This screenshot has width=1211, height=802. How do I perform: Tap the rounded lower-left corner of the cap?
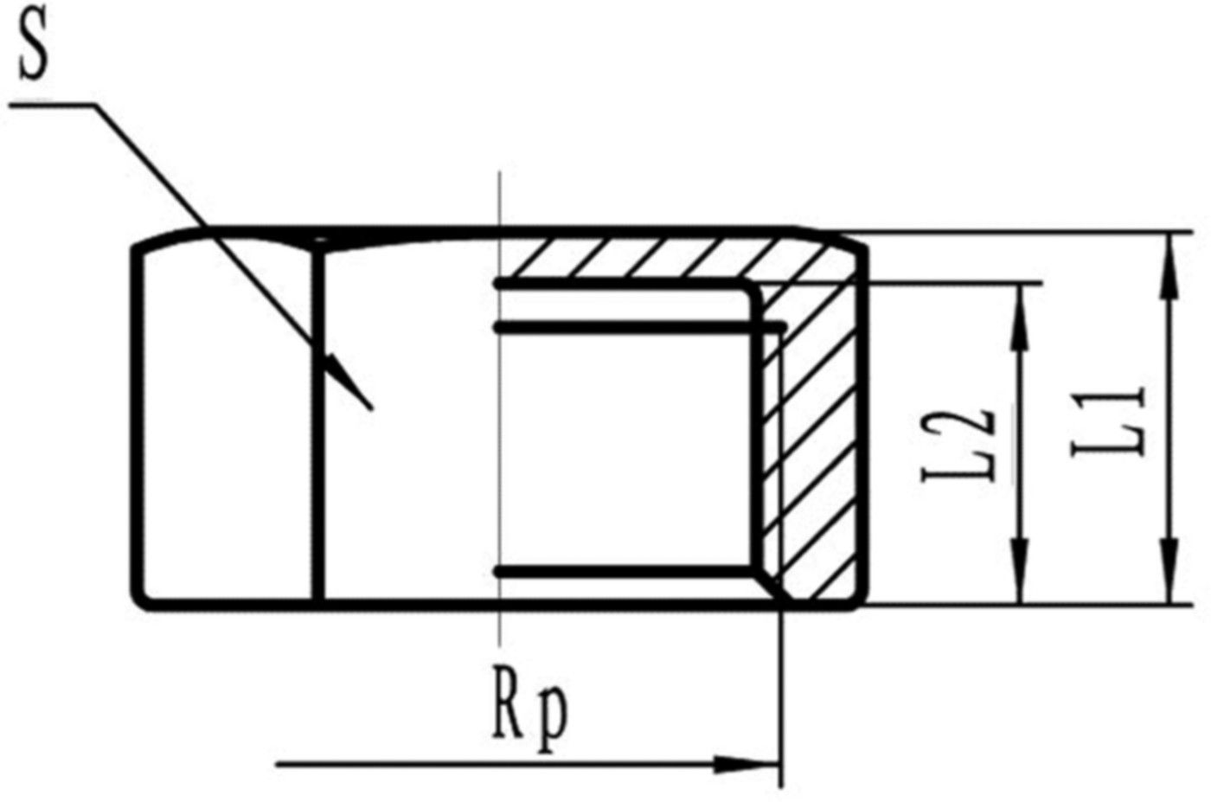tap(140, 599)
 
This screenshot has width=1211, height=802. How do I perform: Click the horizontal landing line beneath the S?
tap(52, 106)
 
